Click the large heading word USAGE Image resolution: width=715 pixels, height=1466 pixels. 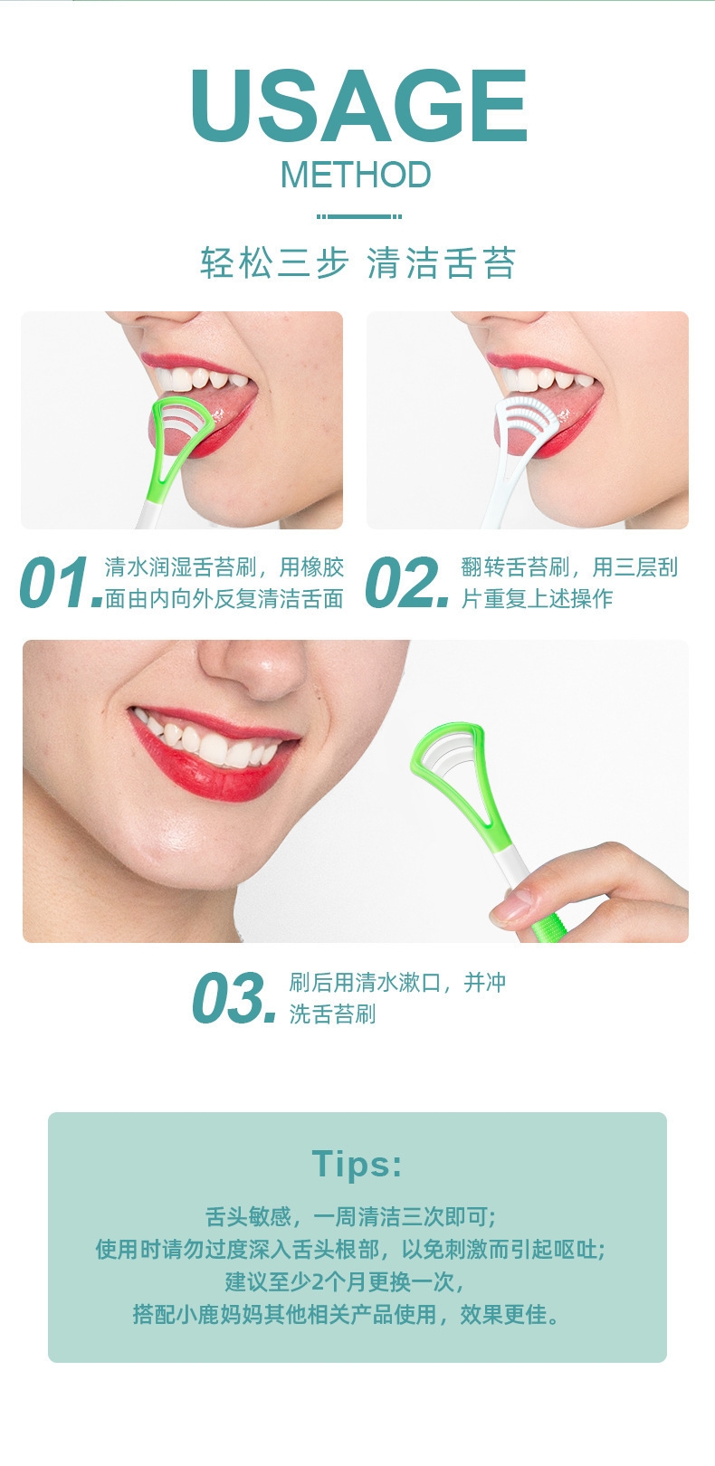point(358,105)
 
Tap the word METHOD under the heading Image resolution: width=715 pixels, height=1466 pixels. point(357,175)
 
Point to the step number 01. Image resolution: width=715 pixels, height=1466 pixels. point(61,582)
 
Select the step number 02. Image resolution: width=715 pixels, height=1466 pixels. point(406,582)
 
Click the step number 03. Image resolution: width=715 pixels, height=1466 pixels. point(234,997)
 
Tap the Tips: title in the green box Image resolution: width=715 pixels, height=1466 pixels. point(357,1165)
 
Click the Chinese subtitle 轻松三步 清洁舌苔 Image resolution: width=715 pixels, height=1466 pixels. point(357,262)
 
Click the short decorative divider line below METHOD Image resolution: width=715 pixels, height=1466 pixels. point(358,216)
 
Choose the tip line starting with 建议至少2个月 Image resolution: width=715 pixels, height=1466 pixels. point(345,1281)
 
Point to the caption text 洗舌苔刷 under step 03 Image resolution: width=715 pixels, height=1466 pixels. point(333,1014)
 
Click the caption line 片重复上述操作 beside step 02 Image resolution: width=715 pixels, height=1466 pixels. point(537,598)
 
